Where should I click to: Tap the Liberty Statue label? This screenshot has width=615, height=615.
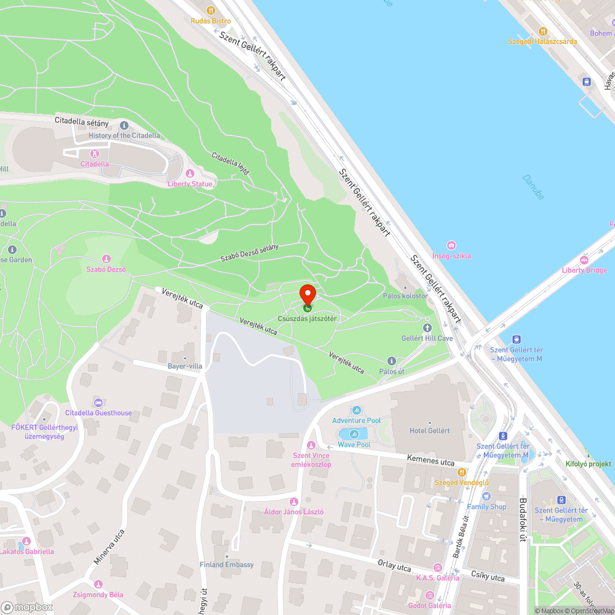coord(191,184)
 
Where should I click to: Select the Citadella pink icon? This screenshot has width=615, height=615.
coord(95,154)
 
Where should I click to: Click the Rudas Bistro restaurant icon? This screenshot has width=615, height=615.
coord(211,10)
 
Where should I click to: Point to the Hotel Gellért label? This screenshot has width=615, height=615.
coord(430,430)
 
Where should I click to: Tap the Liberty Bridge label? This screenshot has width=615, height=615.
coord(584,270)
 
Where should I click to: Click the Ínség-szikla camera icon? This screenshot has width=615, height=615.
coord(451,245)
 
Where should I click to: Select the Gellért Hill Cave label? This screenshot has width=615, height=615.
coord(427,338)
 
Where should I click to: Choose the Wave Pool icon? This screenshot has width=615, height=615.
coord(354,434)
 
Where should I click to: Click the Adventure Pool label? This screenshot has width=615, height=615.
coord(356,421)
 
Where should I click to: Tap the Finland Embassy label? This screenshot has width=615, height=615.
coord(226,565)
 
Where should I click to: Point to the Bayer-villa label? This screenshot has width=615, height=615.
coord(185,367)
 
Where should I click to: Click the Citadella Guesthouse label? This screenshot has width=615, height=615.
coord(98,413)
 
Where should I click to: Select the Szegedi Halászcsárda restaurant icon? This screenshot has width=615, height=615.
coord(542,31)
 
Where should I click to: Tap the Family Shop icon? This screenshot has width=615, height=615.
coord(486,496)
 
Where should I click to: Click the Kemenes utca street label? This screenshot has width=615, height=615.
coord(430,461)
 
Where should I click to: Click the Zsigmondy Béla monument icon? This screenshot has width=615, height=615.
coord(98,584)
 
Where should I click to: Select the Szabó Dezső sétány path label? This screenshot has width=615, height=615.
coord(250,253)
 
